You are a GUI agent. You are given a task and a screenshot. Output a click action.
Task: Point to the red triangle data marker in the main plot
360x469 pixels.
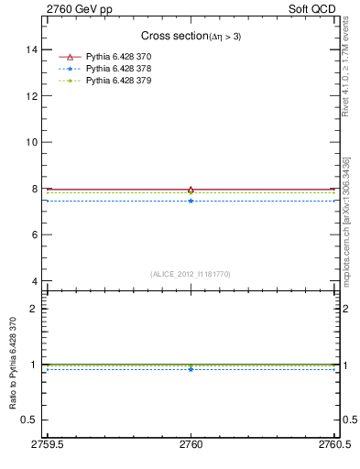tap(191, 190)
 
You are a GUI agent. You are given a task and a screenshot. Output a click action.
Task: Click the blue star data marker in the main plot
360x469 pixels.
tap(191, 201)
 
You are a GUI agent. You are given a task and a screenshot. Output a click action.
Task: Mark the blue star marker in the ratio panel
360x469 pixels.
tap(191, 369)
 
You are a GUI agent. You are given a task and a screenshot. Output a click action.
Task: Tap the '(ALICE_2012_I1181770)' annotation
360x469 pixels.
tap(191, 273)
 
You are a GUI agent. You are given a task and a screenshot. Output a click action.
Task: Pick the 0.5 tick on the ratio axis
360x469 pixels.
tap(29, 420)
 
